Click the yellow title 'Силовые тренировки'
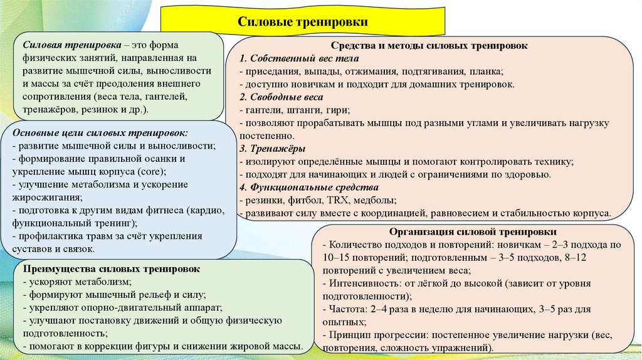click(x=302, y=22)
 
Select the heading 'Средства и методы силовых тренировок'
click(x=429, y=46)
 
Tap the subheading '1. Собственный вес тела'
click(x=286, y=58)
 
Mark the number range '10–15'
click(x=337, y=258)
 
